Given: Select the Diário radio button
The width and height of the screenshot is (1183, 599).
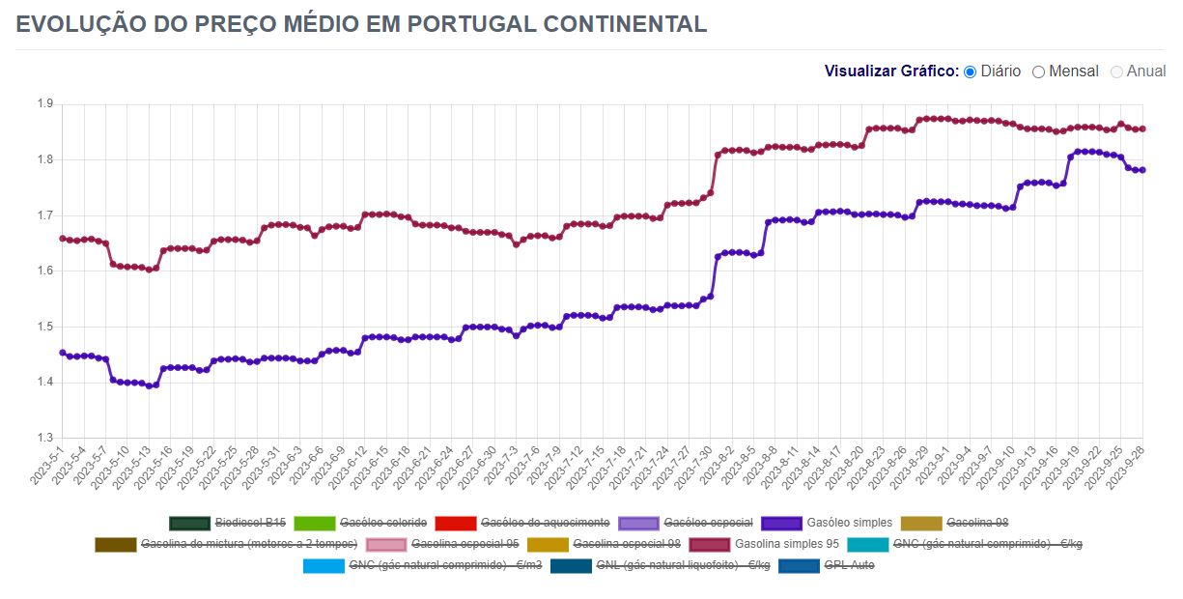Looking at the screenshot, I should click(971, 71).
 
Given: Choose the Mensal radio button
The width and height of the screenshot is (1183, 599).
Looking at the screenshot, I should click(1039, 71).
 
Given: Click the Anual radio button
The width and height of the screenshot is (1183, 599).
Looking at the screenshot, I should click(1117, 71).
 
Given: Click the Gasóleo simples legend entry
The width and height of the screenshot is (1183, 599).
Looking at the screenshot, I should click(827, 523).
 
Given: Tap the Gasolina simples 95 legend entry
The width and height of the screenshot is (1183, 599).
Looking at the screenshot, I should click(764, 544).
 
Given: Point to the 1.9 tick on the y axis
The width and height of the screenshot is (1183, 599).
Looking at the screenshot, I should click(44, 103).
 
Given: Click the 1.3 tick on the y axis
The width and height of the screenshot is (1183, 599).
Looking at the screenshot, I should click(44, 438).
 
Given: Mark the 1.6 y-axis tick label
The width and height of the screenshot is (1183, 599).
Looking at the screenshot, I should click(44, 271).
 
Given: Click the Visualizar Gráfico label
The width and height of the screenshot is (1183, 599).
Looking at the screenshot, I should click(891, 71).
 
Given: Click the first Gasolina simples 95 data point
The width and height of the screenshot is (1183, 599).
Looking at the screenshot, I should click(63, 238).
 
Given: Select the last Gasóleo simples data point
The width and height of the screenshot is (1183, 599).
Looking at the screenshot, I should click(1142, 170).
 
